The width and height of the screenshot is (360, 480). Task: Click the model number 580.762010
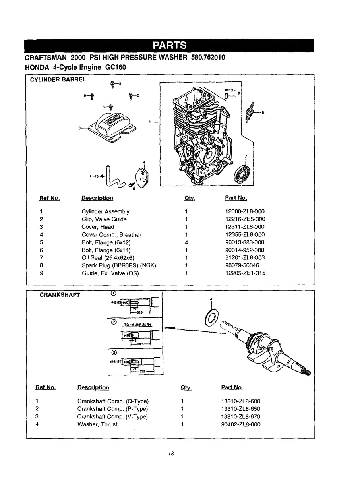click(x=208, y=57)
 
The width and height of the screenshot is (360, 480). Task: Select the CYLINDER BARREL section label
click(x=58, y=79)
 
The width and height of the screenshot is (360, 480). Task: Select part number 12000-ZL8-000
click(x=245, y=211)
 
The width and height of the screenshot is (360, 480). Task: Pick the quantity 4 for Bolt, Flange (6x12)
click(x=186, y=242)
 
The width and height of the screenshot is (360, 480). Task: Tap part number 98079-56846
click(x=242, y=265)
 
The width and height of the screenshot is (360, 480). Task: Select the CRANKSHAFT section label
click(x=60, y=295)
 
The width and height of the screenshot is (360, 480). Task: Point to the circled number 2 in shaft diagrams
click(x=114, y=322)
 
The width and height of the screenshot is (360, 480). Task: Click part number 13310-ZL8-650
click(x=241, y=409)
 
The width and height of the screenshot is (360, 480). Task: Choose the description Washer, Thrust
click(x=97, y=424)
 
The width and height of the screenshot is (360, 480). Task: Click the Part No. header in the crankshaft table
click(x=232, y=387)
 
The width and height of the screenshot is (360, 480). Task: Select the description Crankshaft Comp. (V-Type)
click(x=112, y=416)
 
